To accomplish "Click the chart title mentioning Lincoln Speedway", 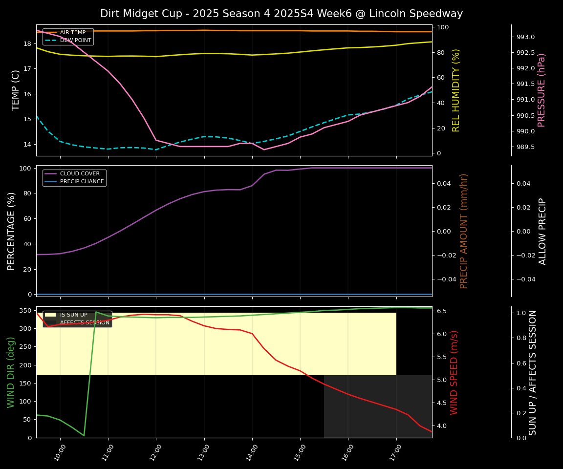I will [281, 14].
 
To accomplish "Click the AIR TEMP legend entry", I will [72, 33].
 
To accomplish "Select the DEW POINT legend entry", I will [75, 40].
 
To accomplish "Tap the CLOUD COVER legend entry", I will [80, 174].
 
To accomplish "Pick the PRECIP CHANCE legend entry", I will [82, 182].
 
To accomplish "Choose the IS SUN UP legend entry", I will [73, 315].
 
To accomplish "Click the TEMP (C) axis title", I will [16, 90].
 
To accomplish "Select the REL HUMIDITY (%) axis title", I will [456, 90].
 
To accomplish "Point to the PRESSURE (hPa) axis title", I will [541, 90].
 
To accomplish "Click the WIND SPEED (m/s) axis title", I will [454, 372].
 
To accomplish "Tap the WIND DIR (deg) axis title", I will [11, 372].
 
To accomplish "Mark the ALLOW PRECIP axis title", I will [542, 231].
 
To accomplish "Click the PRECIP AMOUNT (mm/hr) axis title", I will [464, 231].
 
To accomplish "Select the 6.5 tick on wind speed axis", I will [441, 311].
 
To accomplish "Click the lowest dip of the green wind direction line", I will [84, 435].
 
